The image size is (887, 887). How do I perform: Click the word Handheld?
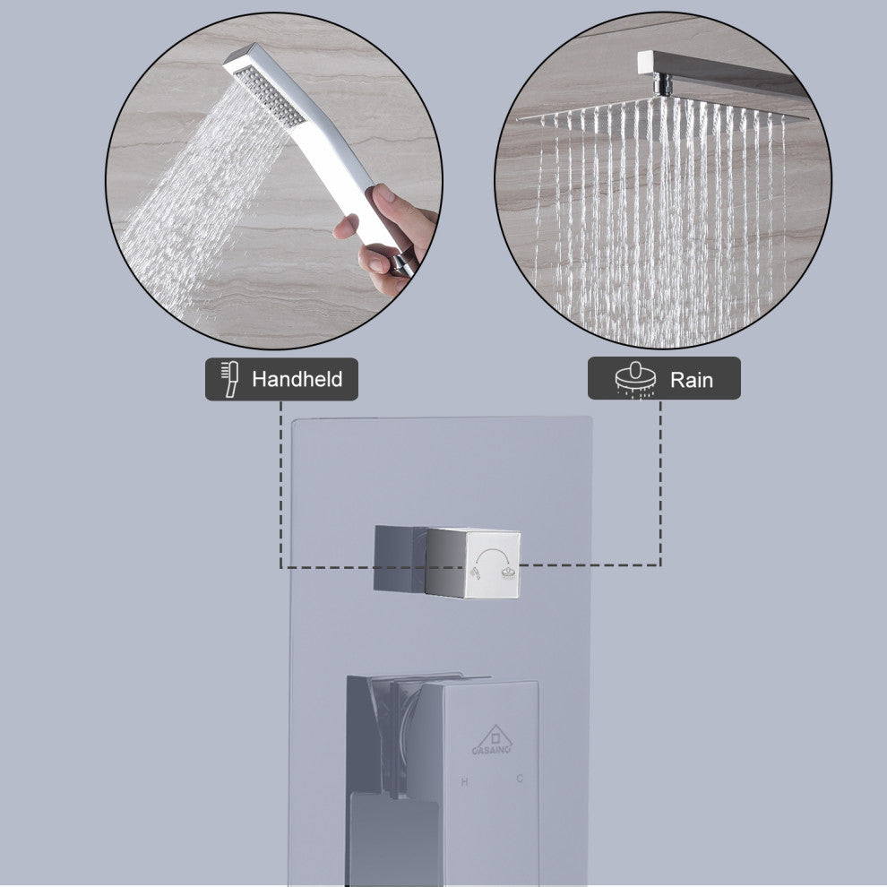[297, 379]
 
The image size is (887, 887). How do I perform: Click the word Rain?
[692, 380]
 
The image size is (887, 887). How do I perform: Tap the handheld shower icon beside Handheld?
[229, 379]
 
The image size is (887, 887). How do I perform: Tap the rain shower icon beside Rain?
[636, 379]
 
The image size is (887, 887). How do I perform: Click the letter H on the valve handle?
[464, 782]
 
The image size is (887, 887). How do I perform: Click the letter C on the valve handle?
[520, 779]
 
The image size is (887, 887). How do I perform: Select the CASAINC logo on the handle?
[492, 740]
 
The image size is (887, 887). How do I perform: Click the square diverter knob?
[447, 562]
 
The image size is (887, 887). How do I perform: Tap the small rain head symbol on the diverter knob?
[509, 573]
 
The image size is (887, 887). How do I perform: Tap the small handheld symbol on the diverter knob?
[475, 573]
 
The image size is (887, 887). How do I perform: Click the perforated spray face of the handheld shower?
[269, 96]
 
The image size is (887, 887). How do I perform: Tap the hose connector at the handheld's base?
[402, 264]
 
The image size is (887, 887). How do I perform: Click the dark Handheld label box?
[281, 379]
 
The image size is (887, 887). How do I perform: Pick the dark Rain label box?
[664, 378]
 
